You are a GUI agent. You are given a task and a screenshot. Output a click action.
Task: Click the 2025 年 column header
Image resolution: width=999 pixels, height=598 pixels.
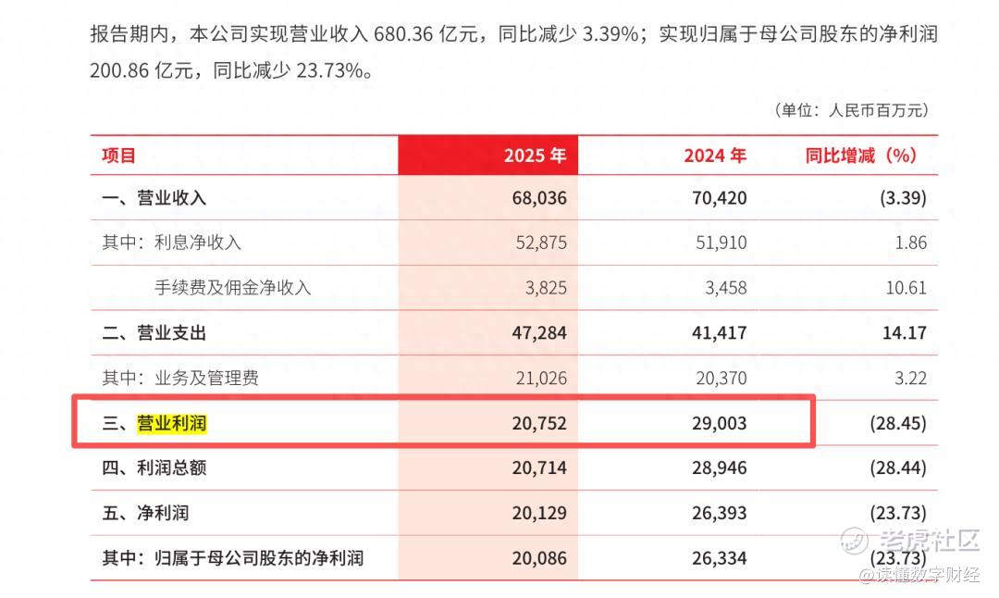click(535, 156)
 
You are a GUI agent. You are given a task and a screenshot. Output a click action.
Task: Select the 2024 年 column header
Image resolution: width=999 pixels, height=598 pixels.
click(715, 156)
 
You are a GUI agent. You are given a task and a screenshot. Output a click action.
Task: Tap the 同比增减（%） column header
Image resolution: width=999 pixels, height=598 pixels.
click(861, 156)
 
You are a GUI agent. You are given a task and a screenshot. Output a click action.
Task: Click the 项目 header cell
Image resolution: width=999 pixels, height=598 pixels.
click(118, 156)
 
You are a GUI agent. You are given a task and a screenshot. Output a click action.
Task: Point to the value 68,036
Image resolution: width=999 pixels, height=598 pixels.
click(539, 197)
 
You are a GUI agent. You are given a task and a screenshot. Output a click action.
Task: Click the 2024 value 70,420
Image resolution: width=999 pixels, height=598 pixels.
click(720, 197)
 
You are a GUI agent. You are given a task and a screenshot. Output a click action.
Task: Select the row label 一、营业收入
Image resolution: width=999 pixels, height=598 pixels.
click(154, 197)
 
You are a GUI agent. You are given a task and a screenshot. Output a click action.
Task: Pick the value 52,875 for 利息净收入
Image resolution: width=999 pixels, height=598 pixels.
click(541, 243)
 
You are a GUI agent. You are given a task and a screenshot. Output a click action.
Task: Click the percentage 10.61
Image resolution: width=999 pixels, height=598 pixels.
click(906, 288)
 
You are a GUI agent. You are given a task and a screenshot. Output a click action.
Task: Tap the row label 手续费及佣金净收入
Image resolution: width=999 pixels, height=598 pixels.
click(232, 288)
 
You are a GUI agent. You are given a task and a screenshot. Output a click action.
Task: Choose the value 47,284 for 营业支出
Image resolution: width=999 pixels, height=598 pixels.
click(539, 333)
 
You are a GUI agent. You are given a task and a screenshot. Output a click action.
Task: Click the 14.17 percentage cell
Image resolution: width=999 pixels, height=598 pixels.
click(904, 333)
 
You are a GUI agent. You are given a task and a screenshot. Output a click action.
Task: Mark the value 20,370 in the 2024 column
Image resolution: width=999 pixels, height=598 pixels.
click(721, 378)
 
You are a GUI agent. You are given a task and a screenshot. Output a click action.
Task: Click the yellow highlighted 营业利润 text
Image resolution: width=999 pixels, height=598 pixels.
click(171, 423)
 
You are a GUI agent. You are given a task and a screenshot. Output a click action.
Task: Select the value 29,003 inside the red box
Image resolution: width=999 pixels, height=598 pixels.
click(720, 423)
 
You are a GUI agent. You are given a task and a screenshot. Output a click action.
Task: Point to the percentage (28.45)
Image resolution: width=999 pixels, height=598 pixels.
click(898, 423)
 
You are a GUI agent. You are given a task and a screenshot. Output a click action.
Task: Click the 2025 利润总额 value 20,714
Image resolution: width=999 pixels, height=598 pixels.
click(539, 468)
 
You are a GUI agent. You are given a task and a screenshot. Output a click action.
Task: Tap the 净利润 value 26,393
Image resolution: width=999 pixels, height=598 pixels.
click(720, 513)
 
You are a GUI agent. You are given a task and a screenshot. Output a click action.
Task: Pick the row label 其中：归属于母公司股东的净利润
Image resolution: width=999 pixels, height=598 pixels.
click(232, 558)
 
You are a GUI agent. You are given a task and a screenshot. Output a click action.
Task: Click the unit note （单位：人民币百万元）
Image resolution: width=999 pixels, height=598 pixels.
click(851, 110)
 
